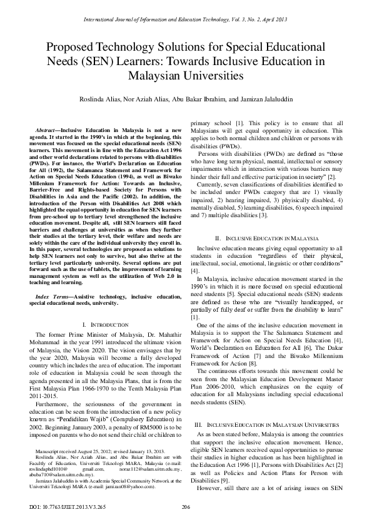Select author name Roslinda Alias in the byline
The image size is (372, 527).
tap(101, 99)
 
